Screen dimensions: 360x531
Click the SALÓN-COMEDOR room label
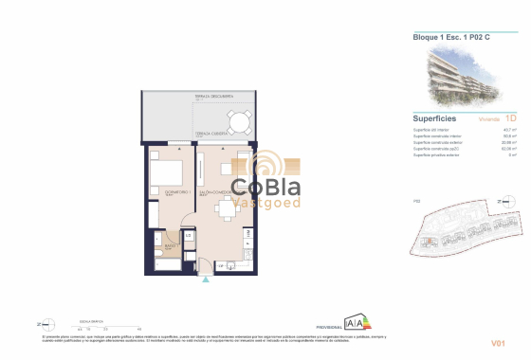pos(216,191)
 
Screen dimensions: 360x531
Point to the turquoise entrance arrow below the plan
pos(205,279)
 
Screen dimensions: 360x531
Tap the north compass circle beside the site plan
pos(511,201)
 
